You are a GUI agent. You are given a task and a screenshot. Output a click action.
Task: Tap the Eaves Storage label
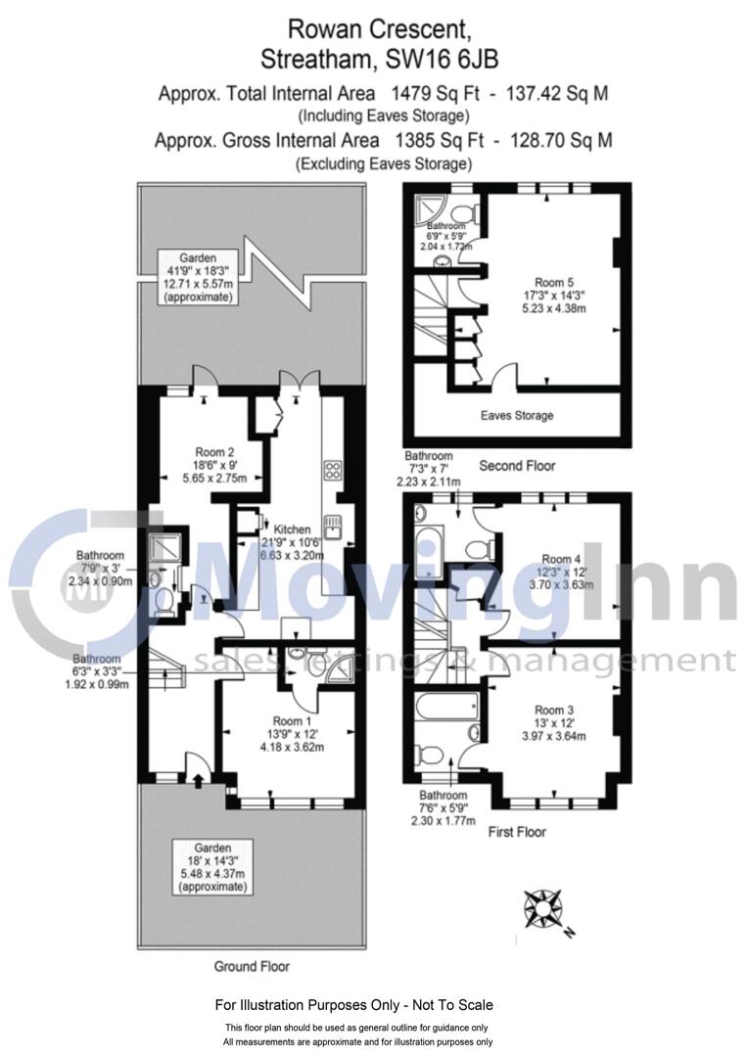pyautogui.click(x=517, y=415)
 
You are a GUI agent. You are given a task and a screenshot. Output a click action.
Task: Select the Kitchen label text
pyautogui.click(x=293, y=528)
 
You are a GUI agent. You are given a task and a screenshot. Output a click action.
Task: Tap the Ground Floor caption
pyautogui.click(x=252, y=966)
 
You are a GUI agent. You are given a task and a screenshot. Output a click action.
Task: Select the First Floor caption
pyautogui.click(x=516, y=832)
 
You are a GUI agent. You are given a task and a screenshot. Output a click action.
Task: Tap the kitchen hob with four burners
pyautogui.click(x=331, y=470)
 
